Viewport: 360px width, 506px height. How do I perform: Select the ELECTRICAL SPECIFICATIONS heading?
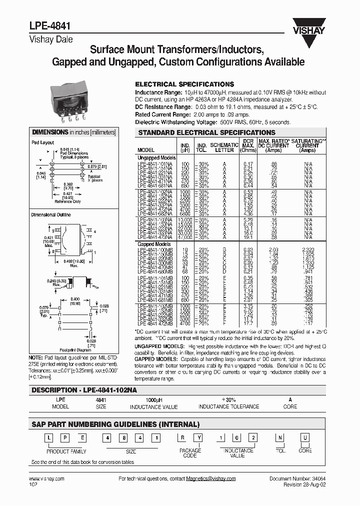pos(184,84)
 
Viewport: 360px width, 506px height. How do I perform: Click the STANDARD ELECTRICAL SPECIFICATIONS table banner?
pos(206,132)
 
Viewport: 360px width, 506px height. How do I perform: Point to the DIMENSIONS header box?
pos(73,132)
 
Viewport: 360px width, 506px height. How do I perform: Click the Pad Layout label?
pos(42,142)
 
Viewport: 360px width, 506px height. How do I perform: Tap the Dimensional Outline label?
pos(51,214)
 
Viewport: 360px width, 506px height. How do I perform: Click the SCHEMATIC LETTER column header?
pos(224,147)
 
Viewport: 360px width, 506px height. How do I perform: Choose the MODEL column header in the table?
pos(145,150)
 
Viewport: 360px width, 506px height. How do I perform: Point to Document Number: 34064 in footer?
pos(297,478)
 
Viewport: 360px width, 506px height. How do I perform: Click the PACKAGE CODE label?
pos(190,453)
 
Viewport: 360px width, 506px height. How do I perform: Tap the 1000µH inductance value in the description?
pos(153,400)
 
